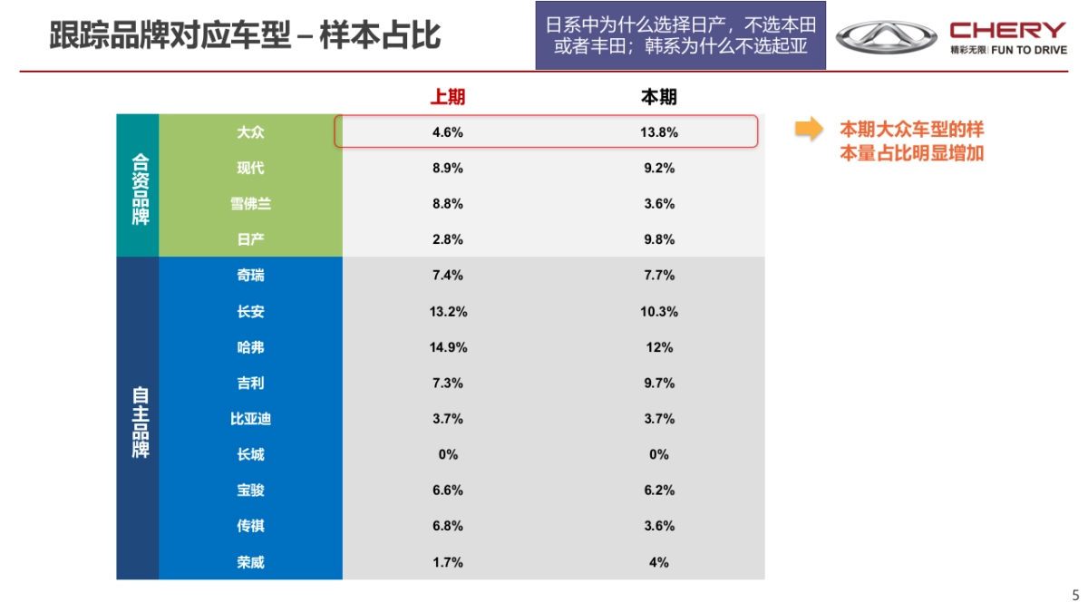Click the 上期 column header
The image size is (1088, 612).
(448, 97)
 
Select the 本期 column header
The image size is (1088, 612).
(659, 97)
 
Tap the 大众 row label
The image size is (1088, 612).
(250, 132)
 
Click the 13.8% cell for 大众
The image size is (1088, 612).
(659, 132)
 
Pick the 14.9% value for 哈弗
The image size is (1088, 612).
(448, 347)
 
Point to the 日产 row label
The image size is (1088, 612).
(250, 239)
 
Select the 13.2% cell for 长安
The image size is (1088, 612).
(448, 312)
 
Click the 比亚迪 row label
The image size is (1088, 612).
(250, 419)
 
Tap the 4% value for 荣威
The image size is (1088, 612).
(659, 562)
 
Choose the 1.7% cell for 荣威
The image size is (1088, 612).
(448, 562)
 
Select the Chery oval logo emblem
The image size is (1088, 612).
(886, 37)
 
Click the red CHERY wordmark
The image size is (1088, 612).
(1008, 30)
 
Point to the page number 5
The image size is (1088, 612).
(1075, 596)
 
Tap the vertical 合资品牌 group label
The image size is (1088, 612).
(139, 186)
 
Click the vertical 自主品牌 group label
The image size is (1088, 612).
(139, 419)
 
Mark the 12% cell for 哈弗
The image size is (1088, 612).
(659, 347)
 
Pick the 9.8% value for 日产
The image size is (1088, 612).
(659, 239)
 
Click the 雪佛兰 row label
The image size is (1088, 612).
(250, 204)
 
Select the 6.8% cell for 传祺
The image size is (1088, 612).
(448, 526)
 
